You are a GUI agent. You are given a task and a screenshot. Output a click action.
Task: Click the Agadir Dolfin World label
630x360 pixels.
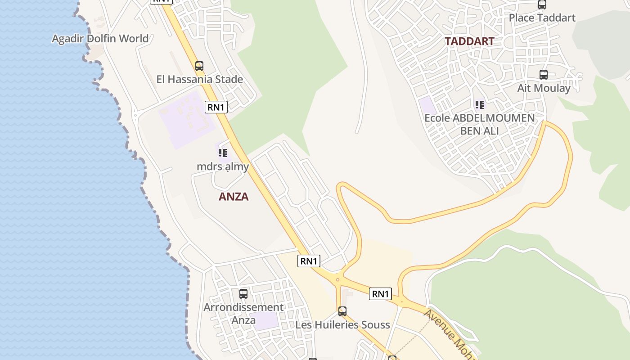tap(100, 39)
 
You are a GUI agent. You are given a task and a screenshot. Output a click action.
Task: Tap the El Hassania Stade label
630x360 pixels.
tap(199, 80)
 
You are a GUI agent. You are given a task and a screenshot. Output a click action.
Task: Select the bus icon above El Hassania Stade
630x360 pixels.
tap(199, 66)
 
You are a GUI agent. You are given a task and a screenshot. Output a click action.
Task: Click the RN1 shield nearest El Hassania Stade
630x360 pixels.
tap(216, 107)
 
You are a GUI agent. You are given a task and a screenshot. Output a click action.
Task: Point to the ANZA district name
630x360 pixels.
tap(234, 197)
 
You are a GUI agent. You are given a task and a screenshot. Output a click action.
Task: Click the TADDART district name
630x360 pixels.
tap(469, 41)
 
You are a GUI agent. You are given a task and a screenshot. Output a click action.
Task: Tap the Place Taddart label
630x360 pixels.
tap(542, 18)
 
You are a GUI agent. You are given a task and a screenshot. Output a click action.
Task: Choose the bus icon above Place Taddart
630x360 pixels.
tap(542, 4)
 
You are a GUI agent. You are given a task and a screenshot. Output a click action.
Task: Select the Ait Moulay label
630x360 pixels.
tap(544, 88)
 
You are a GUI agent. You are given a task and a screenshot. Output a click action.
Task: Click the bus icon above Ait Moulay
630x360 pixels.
tap(544, 75)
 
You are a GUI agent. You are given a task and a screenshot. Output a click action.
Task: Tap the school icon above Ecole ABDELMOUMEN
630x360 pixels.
tap(480, 105)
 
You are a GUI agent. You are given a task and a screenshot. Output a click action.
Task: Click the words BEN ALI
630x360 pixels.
tap(480, 131)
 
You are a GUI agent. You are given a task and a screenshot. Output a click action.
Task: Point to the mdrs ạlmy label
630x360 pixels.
tap(223, 166)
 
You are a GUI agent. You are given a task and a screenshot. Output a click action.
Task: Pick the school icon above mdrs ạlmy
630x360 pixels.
tap(223, 153)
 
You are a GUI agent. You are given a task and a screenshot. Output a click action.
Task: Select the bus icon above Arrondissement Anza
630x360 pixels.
tap(243, 294)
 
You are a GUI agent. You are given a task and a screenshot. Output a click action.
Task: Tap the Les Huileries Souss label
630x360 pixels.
tap(342, 324)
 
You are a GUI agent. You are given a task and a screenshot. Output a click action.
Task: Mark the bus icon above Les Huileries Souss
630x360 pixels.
tap(342, 311)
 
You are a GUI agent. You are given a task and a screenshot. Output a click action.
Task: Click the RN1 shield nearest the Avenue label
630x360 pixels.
tap(380, 294)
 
